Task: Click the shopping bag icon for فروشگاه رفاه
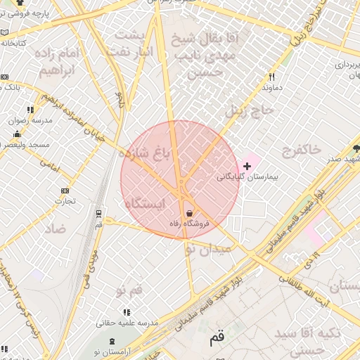tap(189, 213)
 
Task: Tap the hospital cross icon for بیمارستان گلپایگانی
tap(246, 166)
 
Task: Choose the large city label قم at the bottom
tap(217, 338)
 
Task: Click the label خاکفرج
tap(302, 149)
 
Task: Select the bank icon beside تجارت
tap(65, 191)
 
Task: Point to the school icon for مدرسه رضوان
tap(30, 110)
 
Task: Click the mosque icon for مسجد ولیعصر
tap(17, 134)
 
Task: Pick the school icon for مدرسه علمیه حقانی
tap(127, 312)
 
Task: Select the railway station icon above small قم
tap(98, 213)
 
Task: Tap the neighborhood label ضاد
tap(56, 229)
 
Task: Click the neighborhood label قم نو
tap(129, 290)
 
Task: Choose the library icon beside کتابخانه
tap(5, 32)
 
